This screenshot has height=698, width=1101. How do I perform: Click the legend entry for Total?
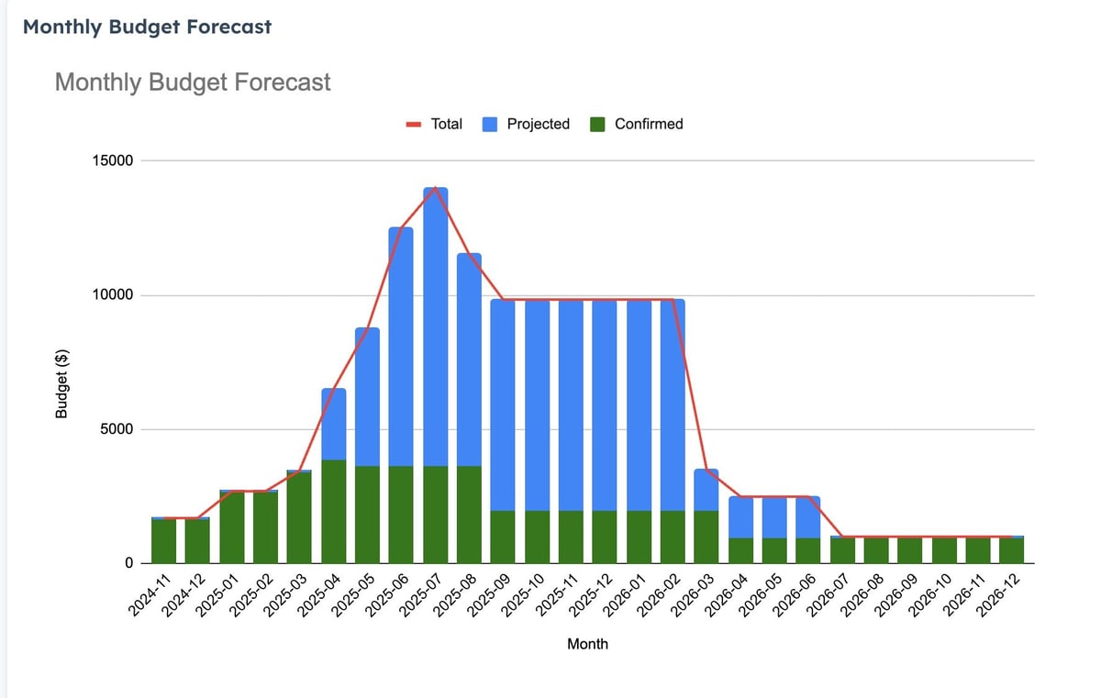tap(434, 124)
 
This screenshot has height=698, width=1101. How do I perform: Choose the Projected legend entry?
tap(526, 124)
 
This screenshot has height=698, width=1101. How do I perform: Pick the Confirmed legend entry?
tap(636, 124)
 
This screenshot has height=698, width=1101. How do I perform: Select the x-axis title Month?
tap(587, 644)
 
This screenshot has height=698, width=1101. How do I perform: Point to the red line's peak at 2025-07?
tap(435, 188)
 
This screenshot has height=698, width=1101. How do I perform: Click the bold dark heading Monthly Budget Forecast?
tap(147, 27)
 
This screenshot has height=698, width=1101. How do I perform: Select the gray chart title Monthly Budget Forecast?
tap(193, 83)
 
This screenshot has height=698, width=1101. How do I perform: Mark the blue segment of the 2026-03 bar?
tap(706, 490)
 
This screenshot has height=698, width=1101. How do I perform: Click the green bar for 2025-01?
tap(232, 527)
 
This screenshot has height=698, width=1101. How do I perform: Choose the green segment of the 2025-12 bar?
tap(605, 537)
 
